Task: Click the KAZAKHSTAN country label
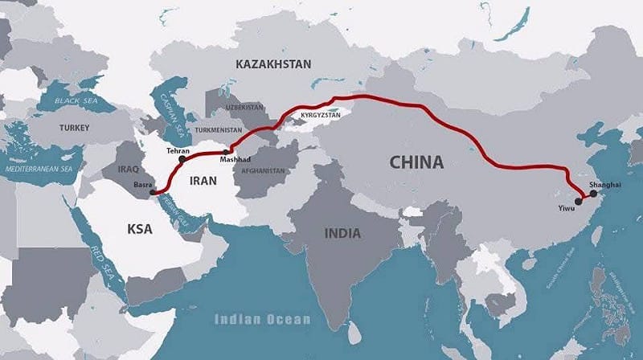pyautogui.click(x=273, y=63)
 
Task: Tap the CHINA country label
pyautogui.click(x=416, y=162)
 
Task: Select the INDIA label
pyautogui.click(x=342, y=234)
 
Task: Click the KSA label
pyautogui.click(x=140, y=229)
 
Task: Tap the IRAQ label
pyautogui.click(x=129, y=170)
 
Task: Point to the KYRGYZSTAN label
pyautogui.click(x=321, y=116)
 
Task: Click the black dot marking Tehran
pyautogui.click(x=182, y=159)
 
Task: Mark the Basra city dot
pyautogui.click(x=154, y=192)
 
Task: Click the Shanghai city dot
pyautogui.click(x=593, y=194)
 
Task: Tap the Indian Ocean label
pyautogui.click(x=262, y=319)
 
